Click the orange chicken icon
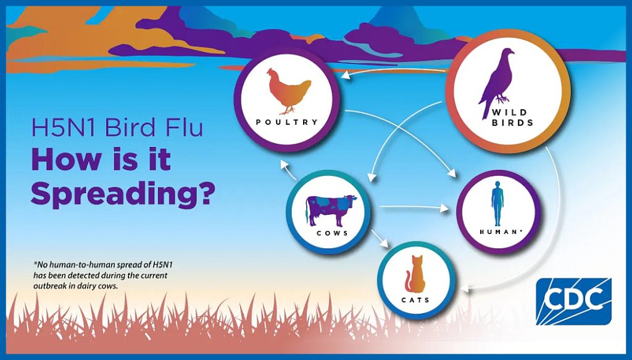click(x=288, y=91)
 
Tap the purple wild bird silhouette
click(x=496, y=82)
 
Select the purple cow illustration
click(x=331, y=210)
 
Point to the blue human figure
click(x=497, y=204)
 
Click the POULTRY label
click(x=287, y=122)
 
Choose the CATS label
click(x=415, y=300)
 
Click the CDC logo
click(x=573, y=301)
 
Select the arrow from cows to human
click(x=414, y=208)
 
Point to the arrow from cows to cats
click(x=379, y=238)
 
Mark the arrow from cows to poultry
click(x=289, y=171)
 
